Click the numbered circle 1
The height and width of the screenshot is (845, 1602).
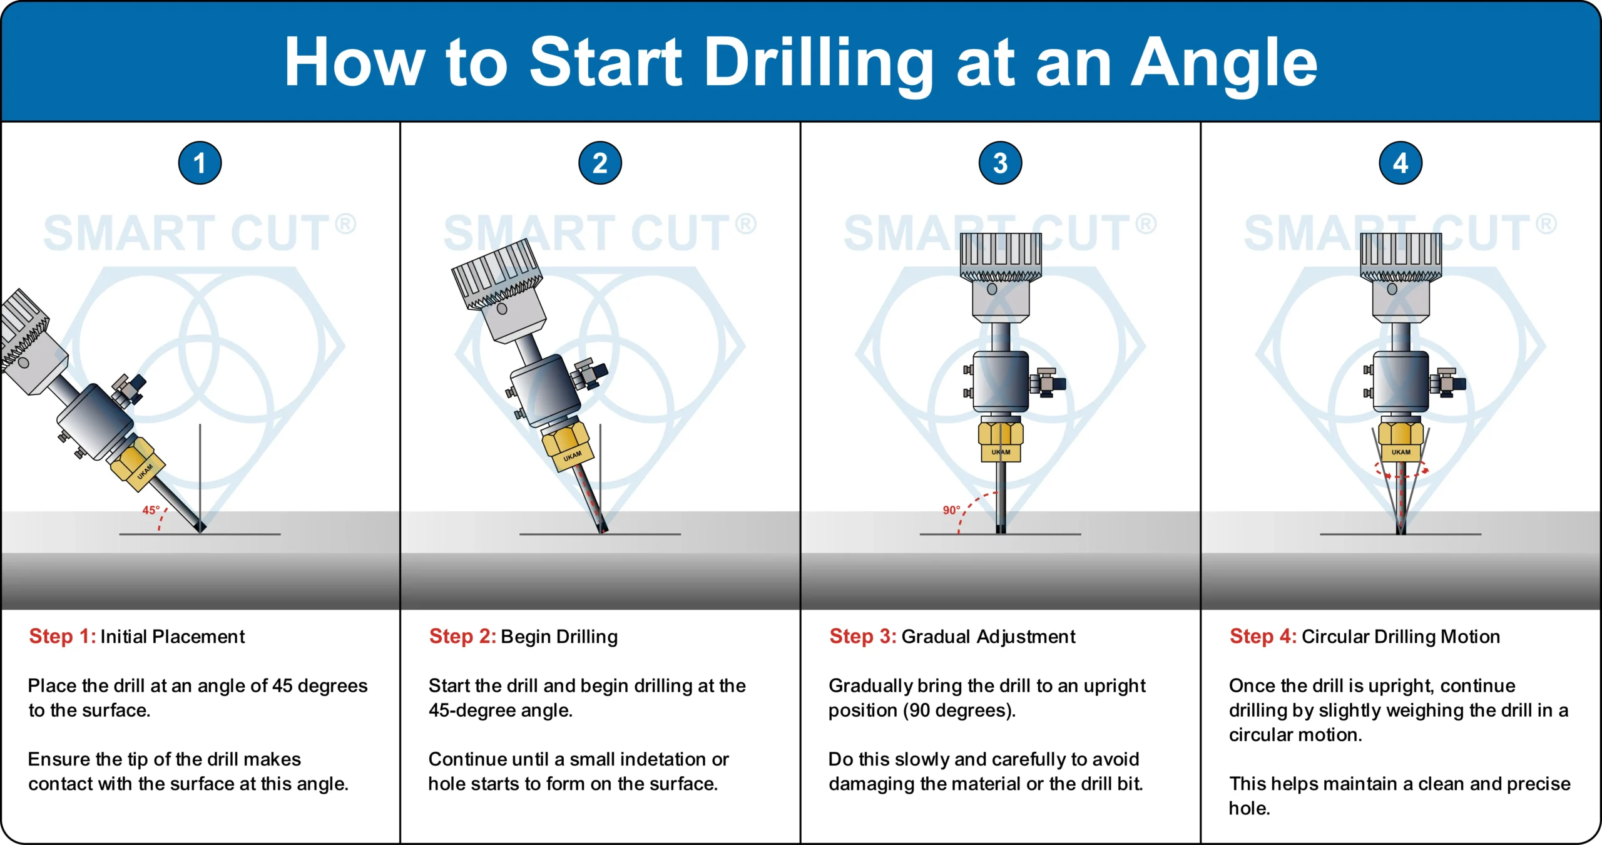200,163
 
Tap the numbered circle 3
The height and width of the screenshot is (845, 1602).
1000,163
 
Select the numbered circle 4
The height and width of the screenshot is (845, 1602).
1400,163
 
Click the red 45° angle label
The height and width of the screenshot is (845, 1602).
151,510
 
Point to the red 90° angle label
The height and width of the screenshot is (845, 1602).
951,510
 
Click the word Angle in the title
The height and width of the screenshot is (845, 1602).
1224,63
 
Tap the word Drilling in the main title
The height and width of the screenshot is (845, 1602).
820,63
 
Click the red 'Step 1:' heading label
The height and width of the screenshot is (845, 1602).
63,637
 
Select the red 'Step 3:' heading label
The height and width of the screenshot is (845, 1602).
863,637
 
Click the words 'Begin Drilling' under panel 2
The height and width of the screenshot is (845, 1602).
559,637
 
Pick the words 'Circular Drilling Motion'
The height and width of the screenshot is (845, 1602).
1400,637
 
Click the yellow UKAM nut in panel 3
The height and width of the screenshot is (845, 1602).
1000,441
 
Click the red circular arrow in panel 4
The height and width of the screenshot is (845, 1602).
1401,471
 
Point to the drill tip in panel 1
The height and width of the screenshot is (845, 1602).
200,527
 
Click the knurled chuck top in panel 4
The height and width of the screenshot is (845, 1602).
1400,257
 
